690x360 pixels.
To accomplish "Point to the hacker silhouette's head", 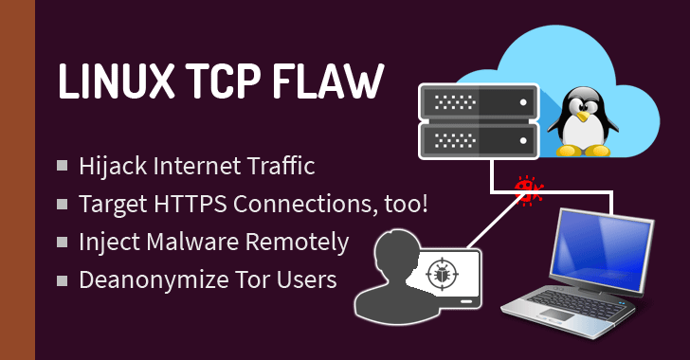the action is [x=388, y=254].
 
